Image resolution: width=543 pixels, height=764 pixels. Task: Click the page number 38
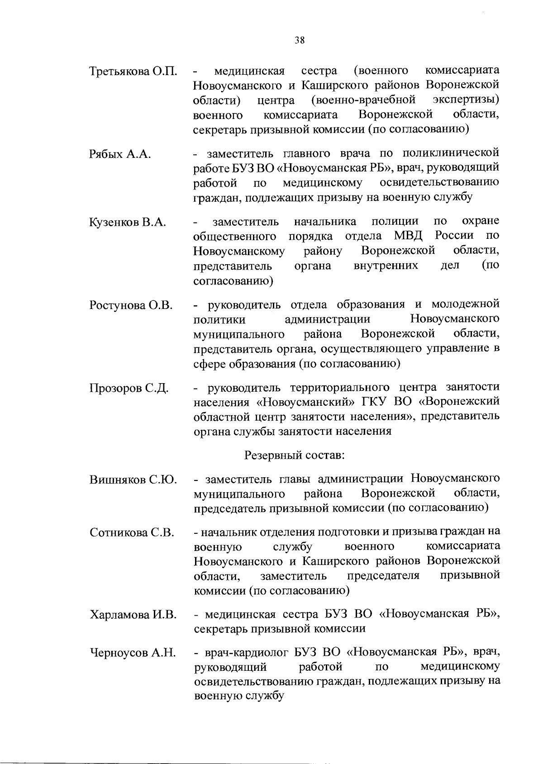(299, 40)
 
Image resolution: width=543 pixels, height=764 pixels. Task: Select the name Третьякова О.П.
(133, 72)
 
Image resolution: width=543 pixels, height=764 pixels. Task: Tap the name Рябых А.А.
(120, 154)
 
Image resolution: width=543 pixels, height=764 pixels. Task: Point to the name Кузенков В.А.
(128, 223)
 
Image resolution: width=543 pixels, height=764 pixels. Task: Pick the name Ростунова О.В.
(131, 305)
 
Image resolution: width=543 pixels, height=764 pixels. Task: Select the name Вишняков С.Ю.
(133, 480)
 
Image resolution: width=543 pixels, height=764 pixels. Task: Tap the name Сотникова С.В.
(132, 532)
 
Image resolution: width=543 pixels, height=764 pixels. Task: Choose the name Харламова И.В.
(133, 615)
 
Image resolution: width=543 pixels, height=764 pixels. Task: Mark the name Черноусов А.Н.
(133, 653)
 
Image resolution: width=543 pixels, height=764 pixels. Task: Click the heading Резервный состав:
(295, 455)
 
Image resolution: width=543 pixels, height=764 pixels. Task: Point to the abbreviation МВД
(410, 236)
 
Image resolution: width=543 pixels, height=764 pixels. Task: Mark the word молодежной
(466, 304)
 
